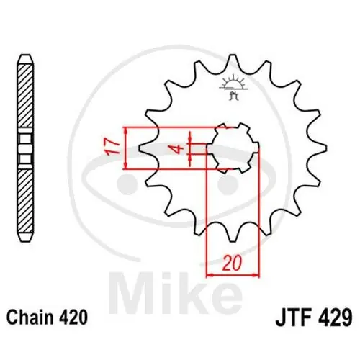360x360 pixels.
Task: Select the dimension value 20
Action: (231, 264)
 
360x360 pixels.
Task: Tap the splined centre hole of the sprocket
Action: (233, 148)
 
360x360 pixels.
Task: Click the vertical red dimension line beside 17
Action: (126, 148)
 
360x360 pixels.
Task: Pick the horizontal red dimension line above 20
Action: (233, 274)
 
